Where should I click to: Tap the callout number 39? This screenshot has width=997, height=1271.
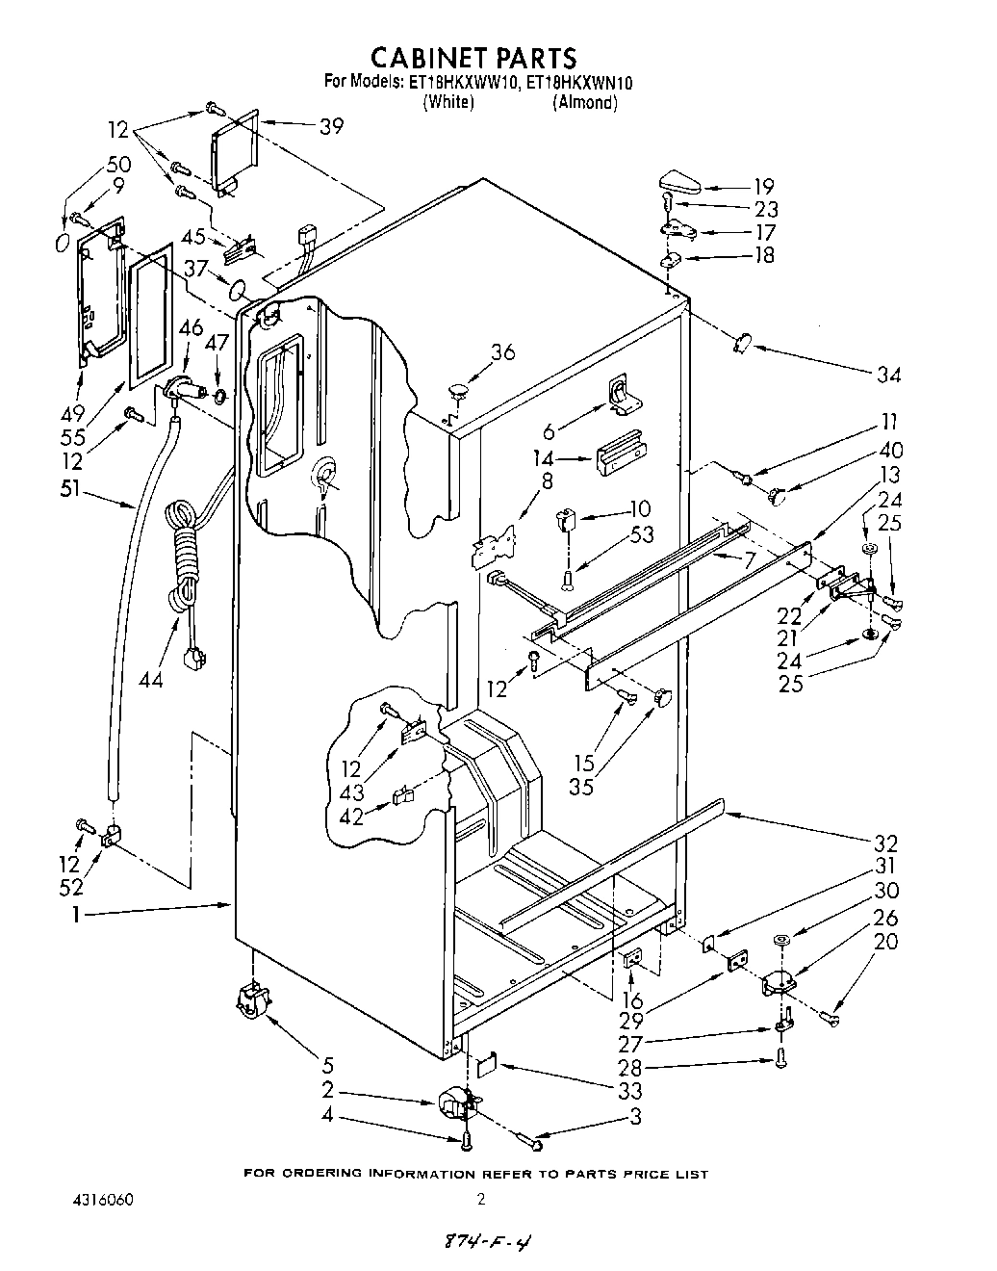(331, 126)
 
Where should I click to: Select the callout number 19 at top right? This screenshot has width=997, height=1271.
(764, 187)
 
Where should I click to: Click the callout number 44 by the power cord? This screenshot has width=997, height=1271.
(152, 679)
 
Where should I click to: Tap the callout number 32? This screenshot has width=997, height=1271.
(885, 840)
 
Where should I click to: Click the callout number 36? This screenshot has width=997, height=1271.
(502, 352)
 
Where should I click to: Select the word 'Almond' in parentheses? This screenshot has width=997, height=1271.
(584, 103)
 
